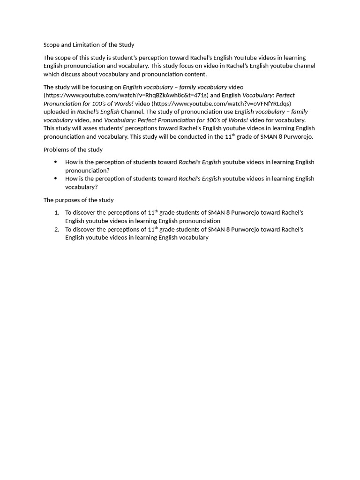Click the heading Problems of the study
pos(73,150)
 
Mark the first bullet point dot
pos(55,162)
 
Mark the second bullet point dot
pos(55,178)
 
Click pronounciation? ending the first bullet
pos(87,171)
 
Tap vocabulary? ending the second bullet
pos(82,187)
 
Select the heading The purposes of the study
pos(79,200)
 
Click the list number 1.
pos(57,213)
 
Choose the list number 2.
pos(57,230)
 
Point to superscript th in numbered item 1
pos(156,211)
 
